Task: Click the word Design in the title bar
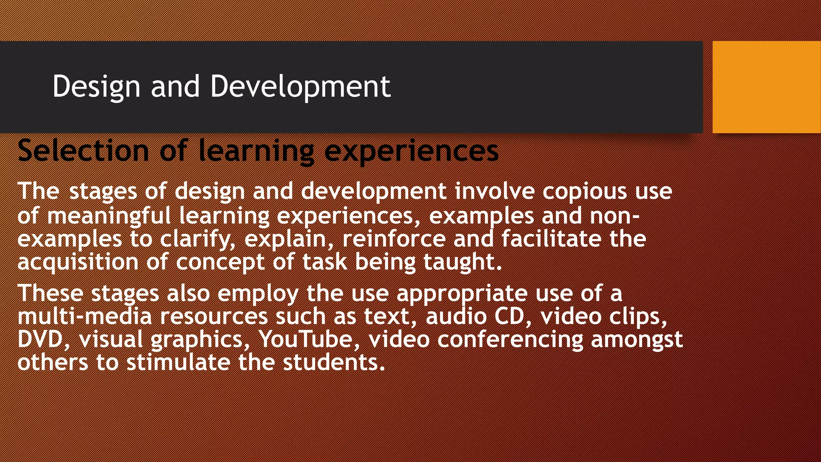[x=96, y=86]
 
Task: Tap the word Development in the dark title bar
[x=300, y=86]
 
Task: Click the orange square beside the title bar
[x=766, y=87]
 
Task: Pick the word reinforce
[x=394, y=239]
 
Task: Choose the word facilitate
[x=551, y=239]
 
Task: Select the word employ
[x=258, y=293]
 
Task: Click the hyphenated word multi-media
[x=85, y=316]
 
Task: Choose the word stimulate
[x=178, y=362]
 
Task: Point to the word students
[x=334, y=362]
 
